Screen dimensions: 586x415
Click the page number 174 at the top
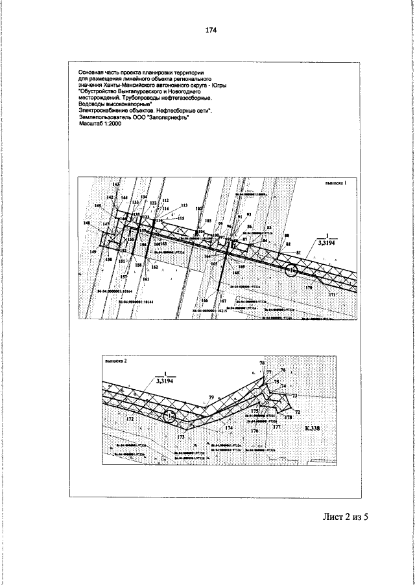(210, 30)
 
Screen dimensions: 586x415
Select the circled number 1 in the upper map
(292, 269)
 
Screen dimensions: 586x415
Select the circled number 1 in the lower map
(170, 416)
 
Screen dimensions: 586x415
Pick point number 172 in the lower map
(130, 420)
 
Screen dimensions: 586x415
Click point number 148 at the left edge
(87, 223)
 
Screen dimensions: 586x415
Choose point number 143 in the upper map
(117, 185)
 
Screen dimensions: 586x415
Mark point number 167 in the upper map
(222, 302)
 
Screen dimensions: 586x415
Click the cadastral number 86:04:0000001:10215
(213, 311)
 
